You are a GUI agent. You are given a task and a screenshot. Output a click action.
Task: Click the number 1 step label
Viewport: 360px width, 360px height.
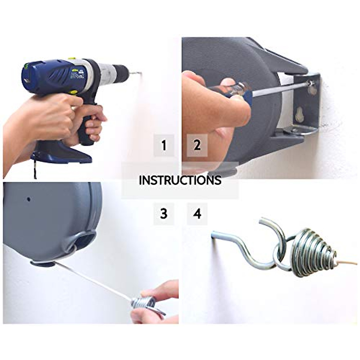point(164,145)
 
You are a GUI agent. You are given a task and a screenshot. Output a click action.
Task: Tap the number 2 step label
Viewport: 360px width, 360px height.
point(197,145)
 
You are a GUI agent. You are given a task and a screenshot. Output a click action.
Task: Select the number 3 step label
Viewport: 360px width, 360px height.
point(164,214)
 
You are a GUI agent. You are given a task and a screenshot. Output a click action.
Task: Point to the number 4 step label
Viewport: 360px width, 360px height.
point(197,214)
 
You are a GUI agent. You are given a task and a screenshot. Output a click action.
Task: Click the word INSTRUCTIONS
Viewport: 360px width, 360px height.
point(180,180)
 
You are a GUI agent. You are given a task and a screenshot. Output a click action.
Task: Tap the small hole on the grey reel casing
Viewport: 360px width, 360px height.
point(29,199)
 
